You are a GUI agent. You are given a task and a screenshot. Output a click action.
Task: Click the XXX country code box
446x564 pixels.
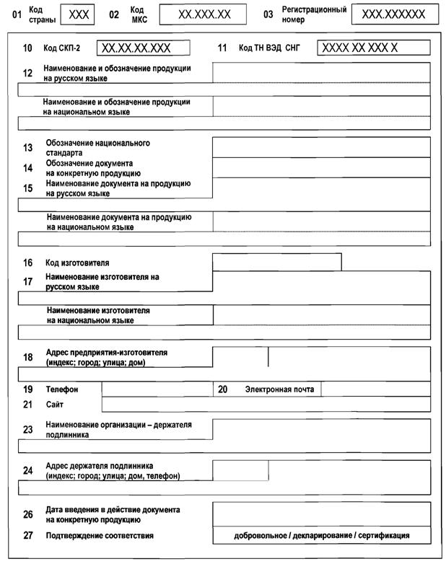[x=78, y=14]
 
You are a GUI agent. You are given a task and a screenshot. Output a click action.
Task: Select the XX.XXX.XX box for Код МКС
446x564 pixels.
[x=204, y=14]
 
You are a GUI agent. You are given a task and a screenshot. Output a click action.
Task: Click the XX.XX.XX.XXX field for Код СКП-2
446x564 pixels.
[x=143, y=48]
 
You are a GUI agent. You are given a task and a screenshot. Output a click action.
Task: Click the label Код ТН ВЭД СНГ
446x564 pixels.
[x=268, y=49]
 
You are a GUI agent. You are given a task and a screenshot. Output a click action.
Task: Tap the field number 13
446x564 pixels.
[x=28, y=148]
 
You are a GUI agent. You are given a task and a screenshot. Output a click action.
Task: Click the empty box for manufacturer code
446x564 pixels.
[x=276, y=263]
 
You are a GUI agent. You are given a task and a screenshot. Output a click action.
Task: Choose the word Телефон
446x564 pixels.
[x=61, y=389]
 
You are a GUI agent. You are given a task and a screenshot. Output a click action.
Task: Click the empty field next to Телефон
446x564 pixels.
[x=157, y=389]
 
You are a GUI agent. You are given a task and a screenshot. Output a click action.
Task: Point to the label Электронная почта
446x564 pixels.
[x=279, y=389]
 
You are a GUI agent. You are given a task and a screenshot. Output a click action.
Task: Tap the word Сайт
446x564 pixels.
[x=54, y=405]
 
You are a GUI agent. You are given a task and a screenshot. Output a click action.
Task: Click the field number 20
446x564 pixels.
[x=223, y=389]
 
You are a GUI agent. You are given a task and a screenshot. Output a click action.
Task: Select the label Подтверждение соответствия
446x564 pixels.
[x=100, y=536]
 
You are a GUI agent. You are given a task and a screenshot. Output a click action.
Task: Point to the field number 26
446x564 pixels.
[x=28, y=515]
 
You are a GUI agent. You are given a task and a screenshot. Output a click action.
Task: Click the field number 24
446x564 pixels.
[x=28, y=471]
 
